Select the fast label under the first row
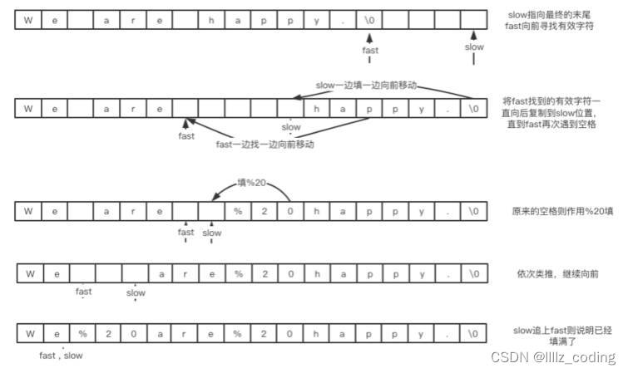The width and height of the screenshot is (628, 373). (x=370, y=50)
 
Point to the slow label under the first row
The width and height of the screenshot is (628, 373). (x=474, y=47)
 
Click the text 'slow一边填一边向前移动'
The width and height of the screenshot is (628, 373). (x=366, y=86)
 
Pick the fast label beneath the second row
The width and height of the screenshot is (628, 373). (x=186, y=135)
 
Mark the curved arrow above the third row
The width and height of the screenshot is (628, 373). (x=250, y=189)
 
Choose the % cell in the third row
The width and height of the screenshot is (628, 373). (x=238, y=212)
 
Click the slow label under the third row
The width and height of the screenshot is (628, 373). (x=212, y=233)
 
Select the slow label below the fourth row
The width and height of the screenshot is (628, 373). (x=136, y=292)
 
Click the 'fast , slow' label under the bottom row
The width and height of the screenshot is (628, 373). (x=62, y=355)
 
